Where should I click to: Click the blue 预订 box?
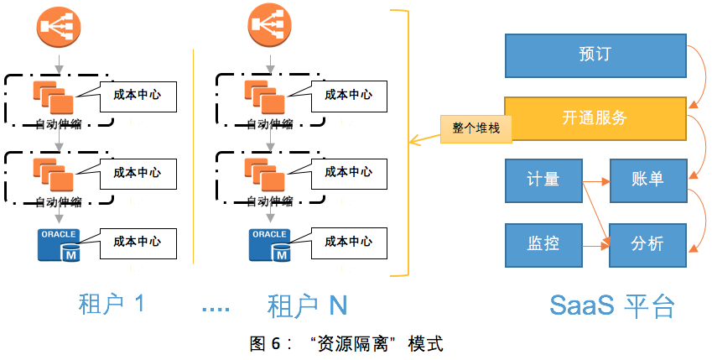pyautogui.click(x=595, y=55)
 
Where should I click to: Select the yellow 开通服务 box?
pyautogui.click(x=595, y=117)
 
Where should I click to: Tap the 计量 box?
pyautogui.click(x=543, y=180)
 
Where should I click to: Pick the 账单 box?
pyautogui.click(x=647, y=180)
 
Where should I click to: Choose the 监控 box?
pyautogui.click(x=543, y=243)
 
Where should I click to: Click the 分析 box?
pyautogui.click(x=647, y=243)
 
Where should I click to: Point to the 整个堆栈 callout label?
pyautogui.click(x=476, y=128)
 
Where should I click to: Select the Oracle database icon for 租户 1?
pyautogui.click(x=59, y=244)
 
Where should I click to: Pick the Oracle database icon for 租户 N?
pyautogui.click(x=270, y=244)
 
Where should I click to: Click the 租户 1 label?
pyautogui.click(x=111, y=304)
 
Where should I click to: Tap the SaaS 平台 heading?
pyautogui.click(x=612, y=305)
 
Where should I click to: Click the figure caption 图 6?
pyautogui.click(x=346, y=343)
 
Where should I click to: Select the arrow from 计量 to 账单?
pyautogui.click(x=595, y=180)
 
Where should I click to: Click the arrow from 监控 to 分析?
pyautogui.click(x=595, y=244)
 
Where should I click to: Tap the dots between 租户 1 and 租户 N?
pyautogui.click(x=216, y=309)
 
